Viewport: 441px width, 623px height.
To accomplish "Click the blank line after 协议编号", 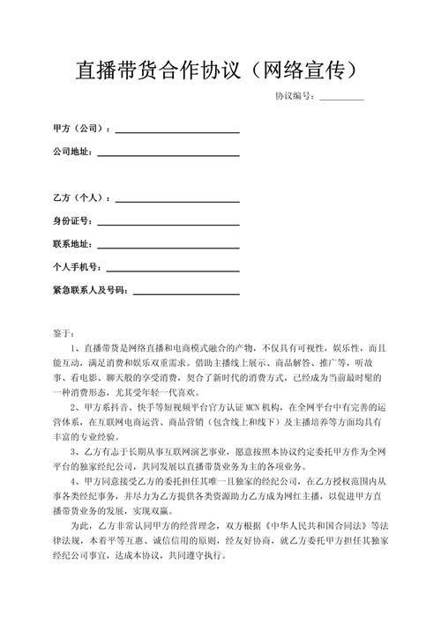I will pos(341,96).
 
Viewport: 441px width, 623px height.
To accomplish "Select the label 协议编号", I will pos(294,96).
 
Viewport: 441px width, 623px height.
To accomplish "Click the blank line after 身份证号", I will pos(168,220).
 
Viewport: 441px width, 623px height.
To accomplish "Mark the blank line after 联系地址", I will pos(168,243).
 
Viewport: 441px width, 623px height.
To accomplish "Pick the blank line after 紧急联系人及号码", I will pos(186,290).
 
